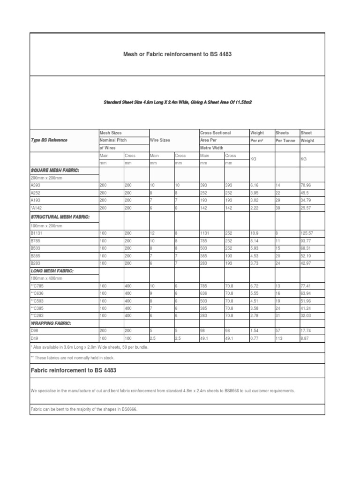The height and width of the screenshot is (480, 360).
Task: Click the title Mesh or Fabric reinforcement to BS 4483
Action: pyautogui.click(x=177, y=54)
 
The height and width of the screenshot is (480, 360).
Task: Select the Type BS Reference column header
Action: pyautogui.click(x=49, y=140)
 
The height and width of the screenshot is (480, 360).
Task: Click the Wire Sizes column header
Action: pyautogui.click(x=160, y=140)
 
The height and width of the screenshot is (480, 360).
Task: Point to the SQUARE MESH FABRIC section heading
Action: pyautogui.click(x=55, y=171)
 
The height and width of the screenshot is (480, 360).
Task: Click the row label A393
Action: pyautogui.click(x=36, y=186)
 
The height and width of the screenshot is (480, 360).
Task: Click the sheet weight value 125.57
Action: pyautogui.click(x=307, y=233)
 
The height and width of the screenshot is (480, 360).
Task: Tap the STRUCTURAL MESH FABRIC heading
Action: pyautogui.click(x=60, y=217)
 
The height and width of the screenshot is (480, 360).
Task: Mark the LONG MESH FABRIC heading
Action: pyautogui.click(x=52, y=271)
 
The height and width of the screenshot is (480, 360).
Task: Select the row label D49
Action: pyautogui.click(x=34, y=338)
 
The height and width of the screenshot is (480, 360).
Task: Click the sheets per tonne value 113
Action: pyautogui.click(x=279, y=338)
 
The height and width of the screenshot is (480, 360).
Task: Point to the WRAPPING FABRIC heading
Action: pyautogui.click(x=51, y=323)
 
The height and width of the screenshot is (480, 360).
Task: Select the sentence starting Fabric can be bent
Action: pyautogui.click(x=84, y=409)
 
